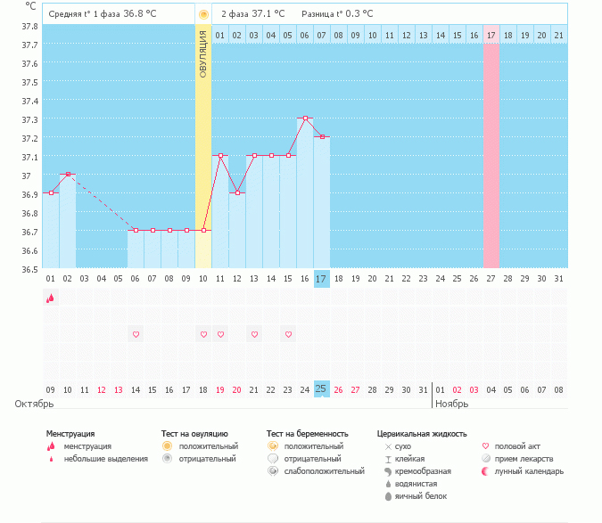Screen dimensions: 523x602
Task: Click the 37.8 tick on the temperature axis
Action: click(x=29, y=26)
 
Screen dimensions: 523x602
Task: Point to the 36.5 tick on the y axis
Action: click(x=29, y=269)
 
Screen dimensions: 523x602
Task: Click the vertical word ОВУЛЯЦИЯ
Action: click(x=203, y=53)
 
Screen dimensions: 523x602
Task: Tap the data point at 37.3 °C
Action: click(x=305, y=118)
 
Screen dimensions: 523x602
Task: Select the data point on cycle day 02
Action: click(x=68, y=174)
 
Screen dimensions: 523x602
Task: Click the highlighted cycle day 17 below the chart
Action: click(x=322, y=279)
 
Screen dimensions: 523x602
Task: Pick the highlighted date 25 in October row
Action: click(x=322, y=389)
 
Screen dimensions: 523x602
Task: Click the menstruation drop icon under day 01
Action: click(x=50, y=298)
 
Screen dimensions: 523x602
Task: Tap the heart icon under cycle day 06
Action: click(x=136, y=334)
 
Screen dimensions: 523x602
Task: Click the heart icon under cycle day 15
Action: click(x=288, y=334)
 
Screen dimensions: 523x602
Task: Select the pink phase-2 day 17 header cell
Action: click(x=491, y=35)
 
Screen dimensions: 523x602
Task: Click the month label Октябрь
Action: click(x=35, y=404)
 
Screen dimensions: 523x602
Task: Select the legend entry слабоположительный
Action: click(x=317, y=470)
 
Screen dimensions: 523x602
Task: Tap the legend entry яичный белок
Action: click(x=420, y=495)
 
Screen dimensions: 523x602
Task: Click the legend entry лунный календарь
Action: click(x=529, y=470)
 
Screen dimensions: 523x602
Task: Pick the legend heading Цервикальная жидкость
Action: click(x=422, y=433)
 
